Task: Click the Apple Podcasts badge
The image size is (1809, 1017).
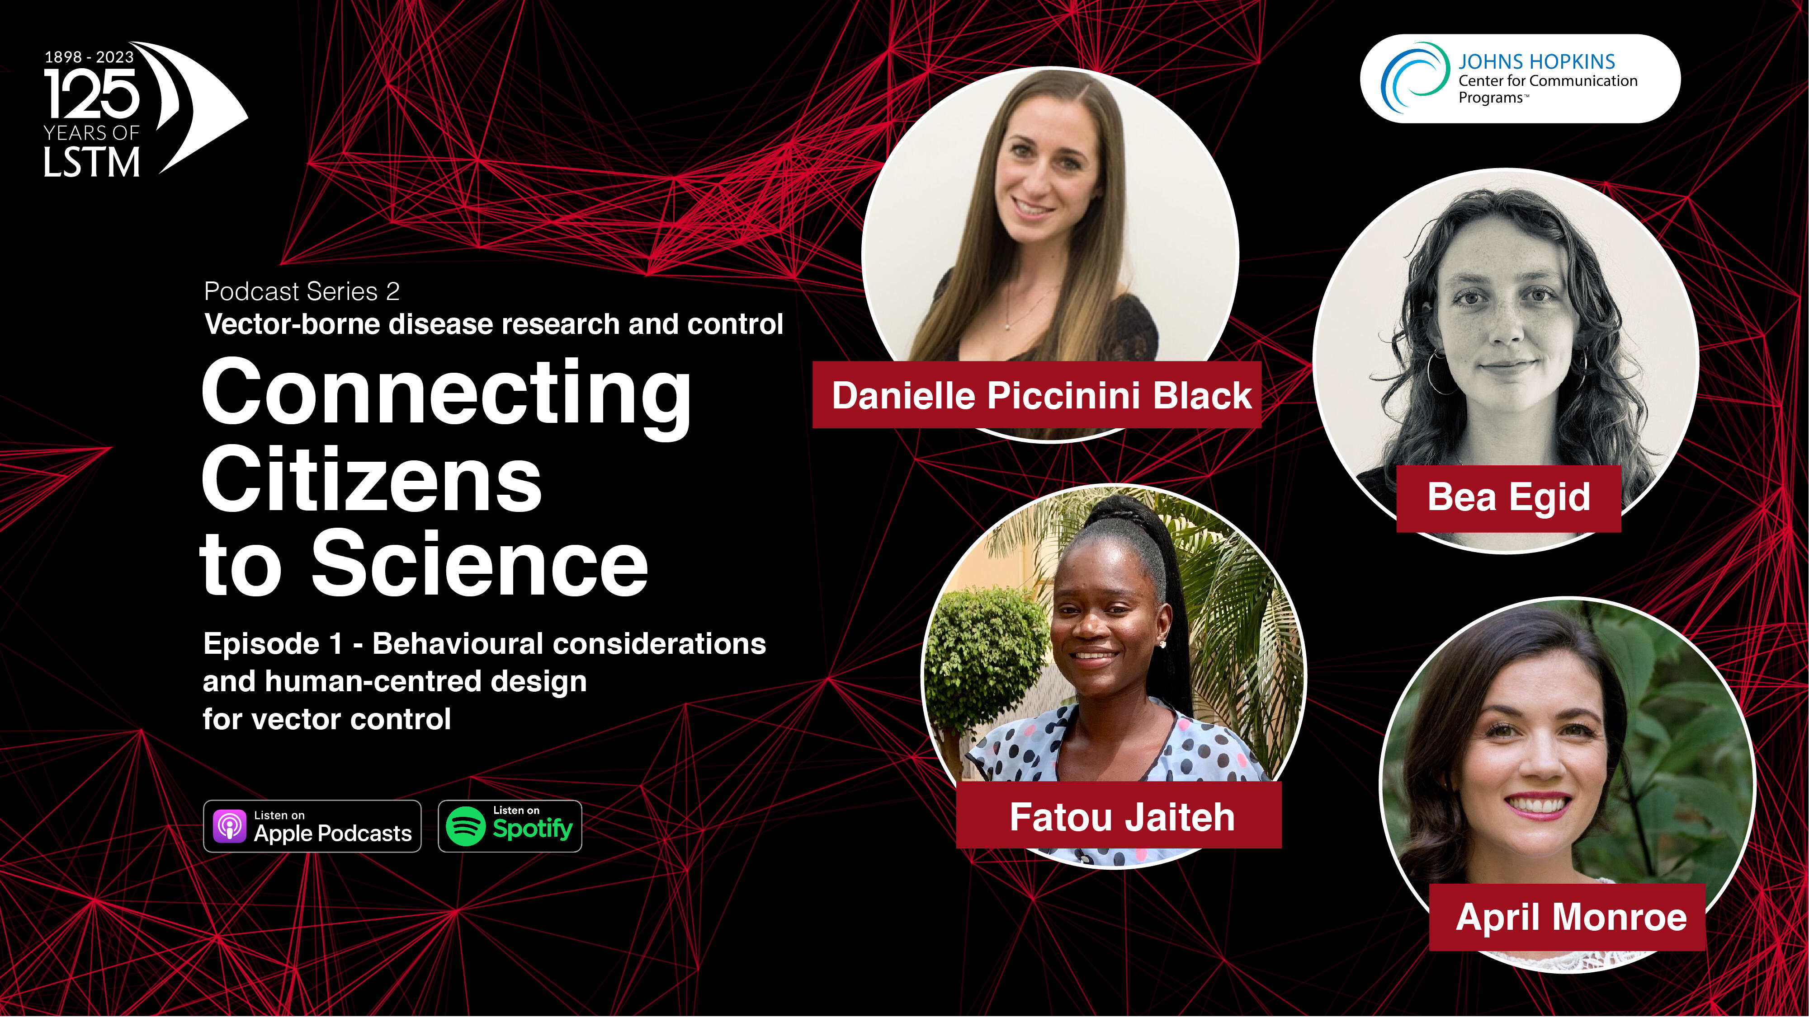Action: (x=312, y=826)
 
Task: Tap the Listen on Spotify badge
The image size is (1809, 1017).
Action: (x=510, y=826)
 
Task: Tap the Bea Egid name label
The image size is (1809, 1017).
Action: (x=1508, y=497)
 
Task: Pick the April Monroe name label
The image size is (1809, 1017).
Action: (x=1568, y=917)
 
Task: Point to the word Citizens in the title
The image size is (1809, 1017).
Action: (x=372, y=481)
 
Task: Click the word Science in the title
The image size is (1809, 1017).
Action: (x=480, y=563)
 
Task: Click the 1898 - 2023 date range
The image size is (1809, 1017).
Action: (x=89, y=57)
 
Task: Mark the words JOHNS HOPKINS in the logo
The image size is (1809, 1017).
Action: (x=1536, y=62)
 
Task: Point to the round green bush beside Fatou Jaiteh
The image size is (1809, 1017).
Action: (x=987, y=657)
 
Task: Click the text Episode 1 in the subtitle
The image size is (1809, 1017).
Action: (x=273, y=644)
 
